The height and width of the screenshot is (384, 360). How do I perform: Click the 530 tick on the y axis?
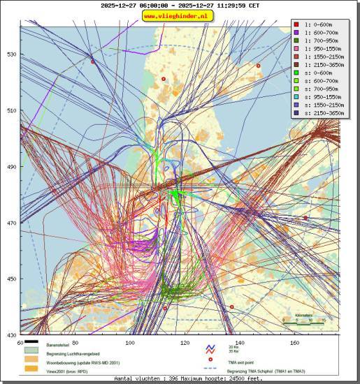(x=11, y=54)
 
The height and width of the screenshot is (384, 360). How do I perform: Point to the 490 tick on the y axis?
(x=11, y=167)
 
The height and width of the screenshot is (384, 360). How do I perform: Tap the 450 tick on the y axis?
(x=11, y=279)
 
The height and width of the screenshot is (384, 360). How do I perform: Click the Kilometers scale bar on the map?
(x=305, y=319)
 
